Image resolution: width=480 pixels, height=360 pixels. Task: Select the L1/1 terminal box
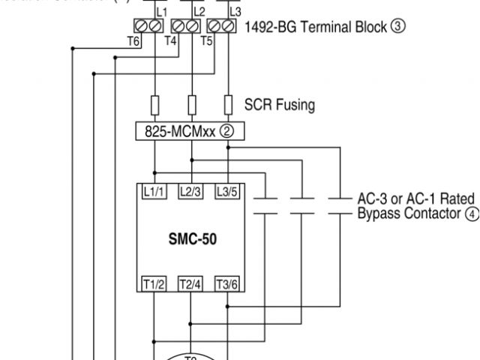[x=154, y=191]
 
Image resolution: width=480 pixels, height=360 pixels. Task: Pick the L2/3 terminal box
[x=191, y=191]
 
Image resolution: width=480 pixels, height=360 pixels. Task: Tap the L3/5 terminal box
[x=227, y=191]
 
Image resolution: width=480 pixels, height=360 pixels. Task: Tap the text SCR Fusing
[x=280, y=103]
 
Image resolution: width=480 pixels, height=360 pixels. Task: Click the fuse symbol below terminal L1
[x=155, y=103]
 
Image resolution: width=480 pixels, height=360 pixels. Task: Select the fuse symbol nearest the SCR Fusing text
[x=228, y=103]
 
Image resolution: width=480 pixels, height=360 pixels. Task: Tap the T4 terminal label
[x=172, y=40]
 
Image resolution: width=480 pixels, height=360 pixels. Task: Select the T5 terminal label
[x=208, y=40]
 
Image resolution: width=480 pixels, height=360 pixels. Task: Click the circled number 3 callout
[x=398, y=27]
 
